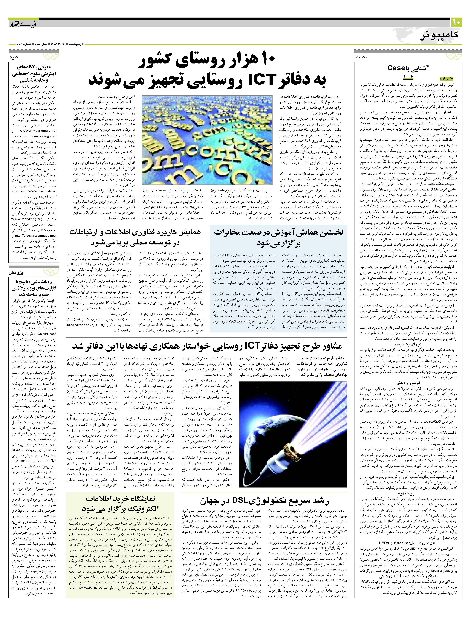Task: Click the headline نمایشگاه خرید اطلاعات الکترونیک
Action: click(x=120, y=503)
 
